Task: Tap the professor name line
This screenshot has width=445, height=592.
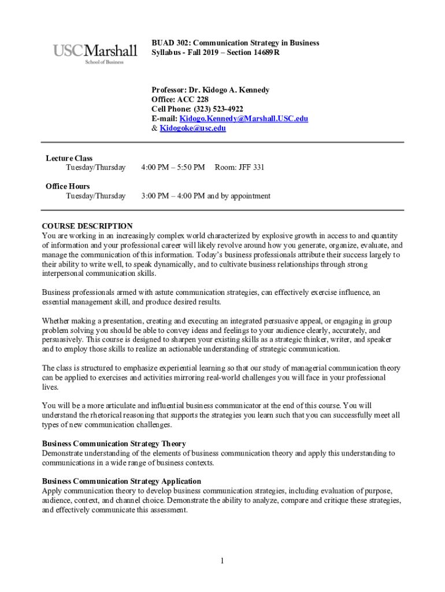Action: (x=210, y=90)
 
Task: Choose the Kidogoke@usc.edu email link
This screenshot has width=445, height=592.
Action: (x=192, y=128)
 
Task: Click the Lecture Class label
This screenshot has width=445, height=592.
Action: (x=69, y=158)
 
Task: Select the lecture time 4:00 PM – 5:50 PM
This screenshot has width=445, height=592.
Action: (x=173, y=168)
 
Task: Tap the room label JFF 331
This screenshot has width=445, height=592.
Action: (x=239, y=168)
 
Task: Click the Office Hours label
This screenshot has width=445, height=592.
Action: (x=68, y=186)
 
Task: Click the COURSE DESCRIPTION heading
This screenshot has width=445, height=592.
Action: (x=87, y=226)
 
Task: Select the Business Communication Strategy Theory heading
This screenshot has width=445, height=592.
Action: (x=114, y=444)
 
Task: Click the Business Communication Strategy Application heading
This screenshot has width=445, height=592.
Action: (x=121, y=481)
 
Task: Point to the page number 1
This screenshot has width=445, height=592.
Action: (x=222, y=560)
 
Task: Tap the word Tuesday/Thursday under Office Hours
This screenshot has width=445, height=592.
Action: (x=95, y=196)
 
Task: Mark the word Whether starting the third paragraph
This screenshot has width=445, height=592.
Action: (x=57, y=321)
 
